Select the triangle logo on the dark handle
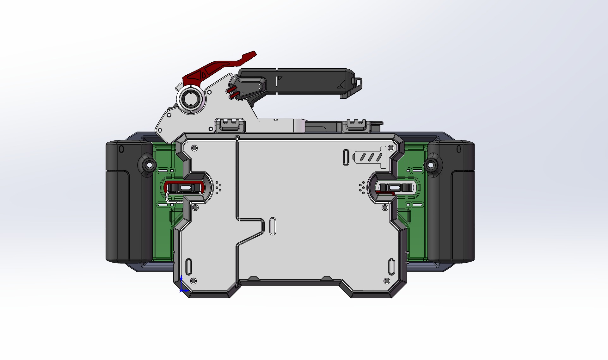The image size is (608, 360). pos(341,84)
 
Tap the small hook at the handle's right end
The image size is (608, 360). pos(359,83)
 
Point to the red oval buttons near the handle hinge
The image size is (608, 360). pos(232,93)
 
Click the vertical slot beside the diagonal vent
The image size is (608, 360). pos(346,157)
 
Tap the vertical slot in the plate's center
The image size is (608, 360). pos(273,226)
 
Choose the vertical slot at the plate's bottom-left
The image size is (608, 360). pos(188,267)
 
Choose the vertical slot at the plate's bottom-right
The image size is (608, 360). pos(391,267)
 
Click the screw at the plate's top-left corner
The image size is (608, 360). pos(194,148)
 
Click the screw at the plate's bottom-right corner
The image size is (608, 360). pos(386,281)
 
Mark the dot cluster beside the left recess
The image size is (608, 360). pos(218,188)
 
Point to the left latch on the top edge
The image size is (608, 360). pos(230,125)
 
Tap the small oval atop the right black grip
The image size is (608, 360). pos(459,149)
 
